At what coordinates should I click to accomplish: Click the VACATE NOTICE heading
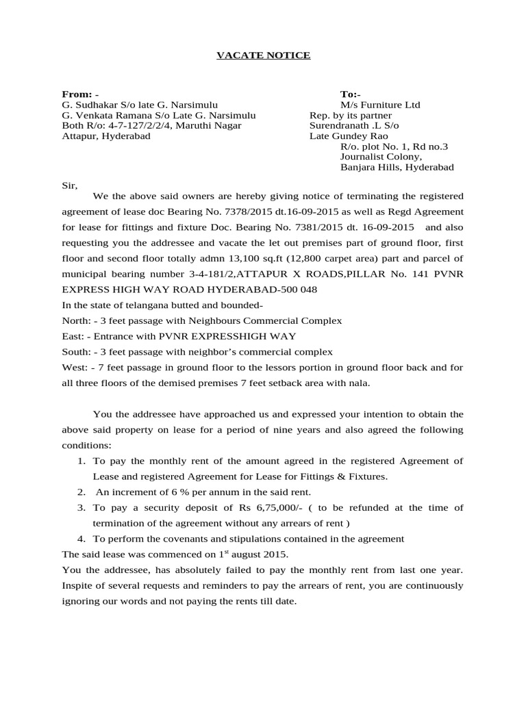263,55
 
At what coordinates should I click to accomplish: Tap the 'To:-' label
351,93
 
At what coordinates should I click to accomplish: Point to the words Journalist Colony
375,157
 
